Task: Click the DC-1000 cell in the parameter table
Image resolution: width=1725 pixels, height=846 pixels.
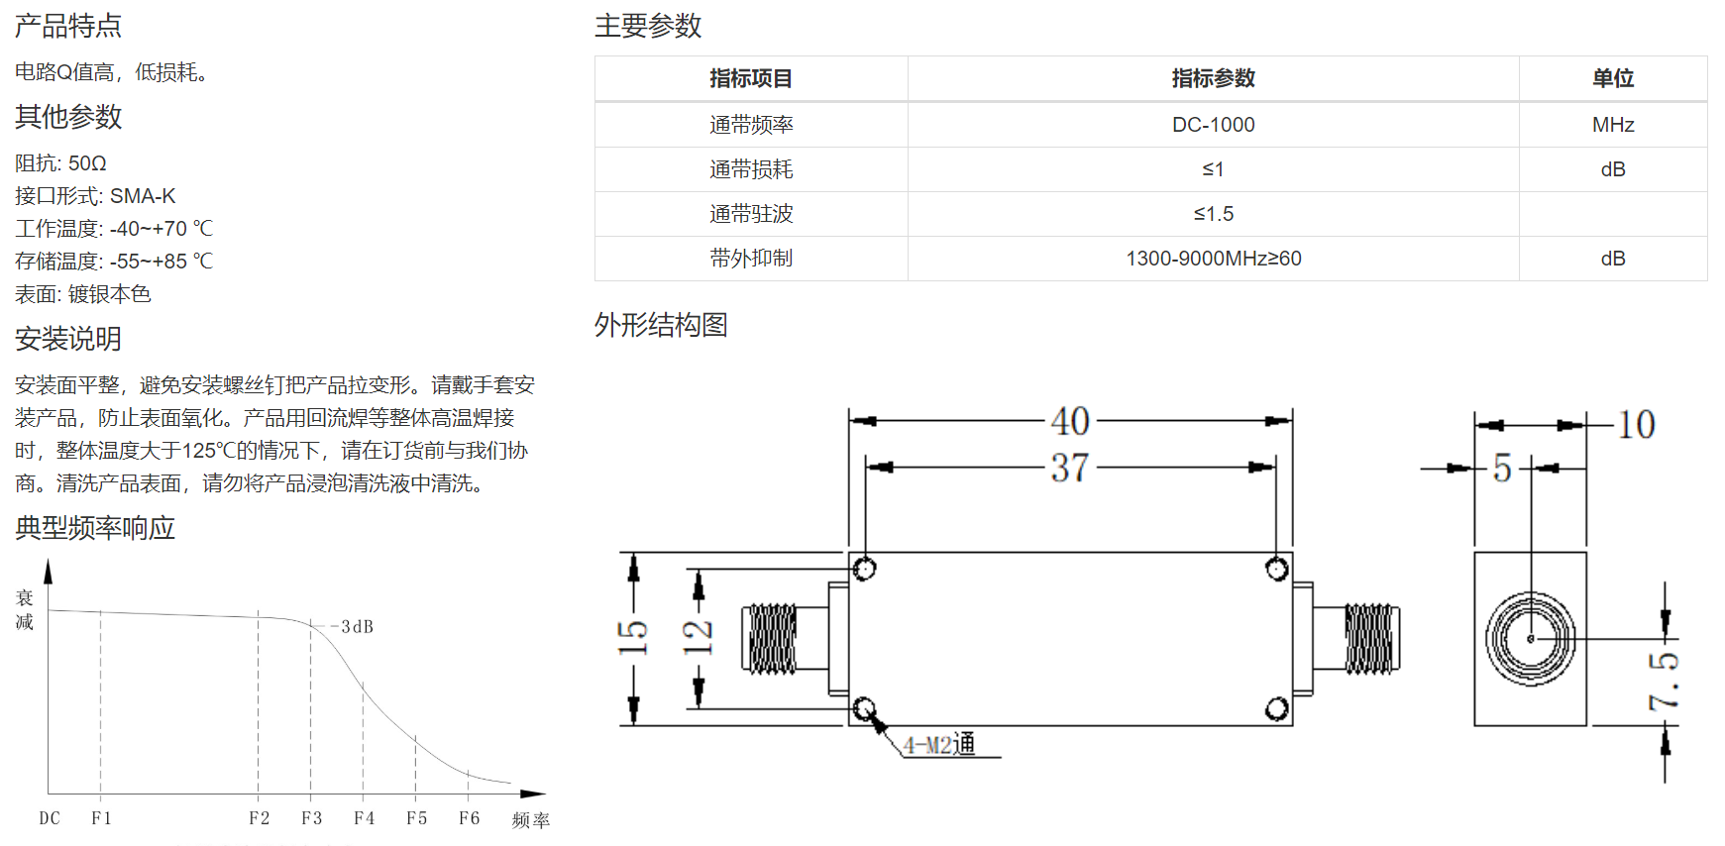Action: coord(1213,125)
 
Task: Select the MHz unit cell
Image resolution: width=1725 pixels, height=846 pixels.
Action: coord(1613,125)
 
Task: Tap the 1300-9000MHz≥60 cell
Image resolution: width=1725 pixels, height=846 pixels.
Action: coord(1213,259)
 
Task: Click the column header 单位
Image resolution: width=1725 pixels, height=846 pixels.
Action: coord(1613,78)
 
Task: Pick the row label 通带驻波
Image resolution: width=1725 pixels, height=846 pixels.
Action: coord(751,214)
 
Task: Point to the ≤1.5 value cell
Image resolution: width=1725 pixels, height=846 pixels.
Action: coord(1213,214)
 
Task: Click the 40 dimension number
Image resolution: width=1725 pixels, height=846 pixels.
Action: coord(1070,421)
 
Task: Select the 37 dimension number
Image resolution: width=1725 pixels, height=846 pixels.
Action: coord(1070,468)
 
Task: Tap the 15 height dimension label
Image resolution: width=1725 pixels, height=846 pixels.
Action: coord(632,637)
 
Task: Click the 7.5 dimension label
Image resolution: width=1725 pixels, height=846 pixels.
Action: coord(1665,681)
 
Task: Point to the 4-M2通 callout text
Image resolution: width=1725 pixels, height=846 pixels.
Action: coord(939,744)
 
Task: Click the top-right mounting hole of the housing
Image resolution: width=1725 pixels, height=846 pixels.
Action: coord(1277,569)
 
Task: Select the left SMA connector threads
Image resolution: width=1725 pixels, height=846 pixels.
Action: coord(772,639)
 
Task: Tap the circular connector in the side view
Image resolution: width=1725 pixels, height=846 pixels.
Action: coord(1530,639)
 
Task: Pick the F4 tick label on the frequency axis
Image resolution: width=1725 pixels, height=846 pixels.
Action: coord(364,818)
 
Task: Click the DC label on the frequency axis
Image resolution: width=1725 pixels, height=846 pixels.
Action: coord(50,818)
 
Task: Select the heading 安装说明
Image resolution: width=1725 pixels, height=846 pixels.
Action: coord(68,339)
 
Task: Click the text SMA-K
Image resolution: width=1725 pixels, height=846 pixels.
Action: coord(143,196)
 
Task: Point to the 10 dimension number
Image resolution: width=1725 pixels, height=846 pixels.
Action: coord(1637,425)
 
